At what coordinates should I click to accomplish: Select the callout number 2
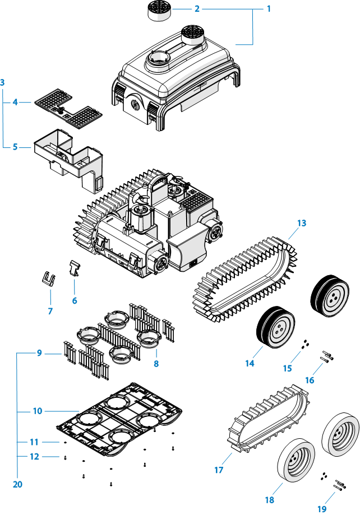coord(197,9)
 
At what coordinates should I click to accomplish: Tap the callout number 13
coord(302,223)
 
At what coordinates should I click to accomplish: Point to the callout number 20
coord(17,484)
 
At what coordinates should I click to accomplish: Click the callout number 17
coord(219,470)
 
